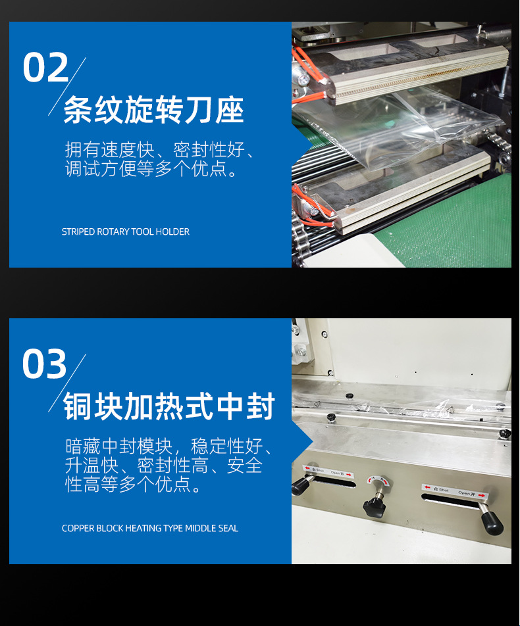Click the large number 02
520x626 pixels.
45,68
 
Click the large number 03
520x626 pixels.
44,364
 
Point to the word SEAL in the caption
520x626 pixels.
228,528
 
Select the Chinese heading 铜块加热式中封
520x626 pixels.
169,406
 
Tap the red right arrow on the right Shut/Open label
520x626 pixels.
481,495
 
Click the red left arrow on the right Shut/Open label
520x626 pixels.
427,487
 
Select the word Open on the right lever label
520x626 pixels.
463,493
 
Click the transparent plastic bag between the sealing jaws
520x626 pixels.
396,128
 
